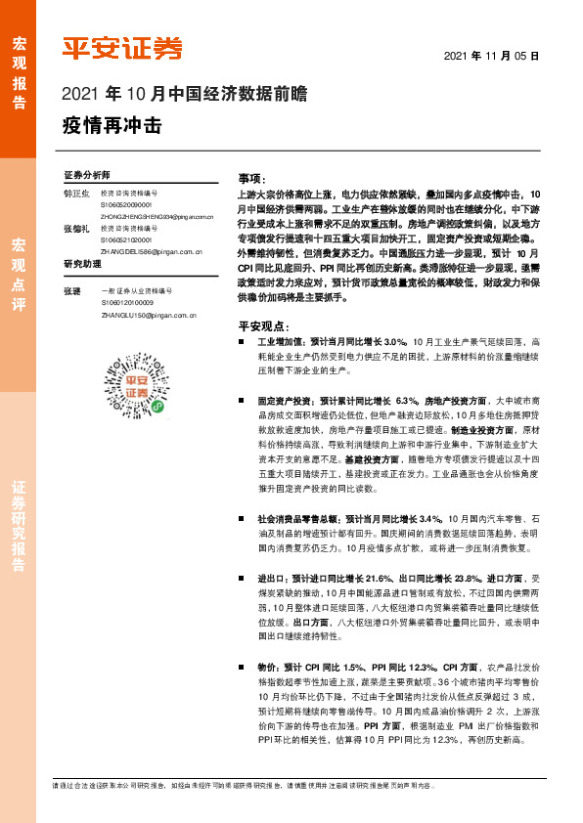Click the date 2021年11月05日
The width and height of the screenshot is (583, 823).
[x=492, y=57]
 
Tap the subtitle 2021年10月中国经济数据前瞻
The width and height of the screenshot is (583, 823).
[x=184, y=96]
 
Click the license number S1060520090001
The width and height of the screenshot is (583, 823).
[x=125, y=205]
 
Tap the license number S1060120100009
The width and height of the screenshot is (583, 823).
[x=125, y=303]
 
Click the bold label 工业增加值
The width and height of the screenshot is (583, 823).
[x=281, y=342]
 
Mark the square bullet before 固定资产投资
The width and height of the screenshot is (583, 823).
[x=241, y=401]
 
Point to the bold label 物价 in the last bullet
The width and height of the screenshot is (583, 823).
[x=268, y=667]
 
